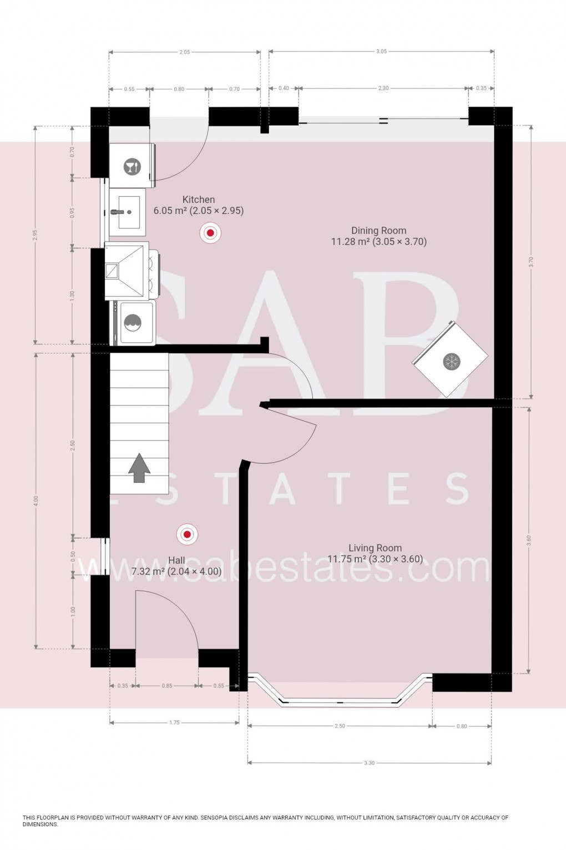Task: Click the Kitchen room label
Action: coord(199,200)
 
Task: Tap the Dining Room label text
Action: coord(378,231)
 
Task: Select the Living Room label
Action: coord(375,548)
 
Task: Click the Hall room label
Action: coord(176,561)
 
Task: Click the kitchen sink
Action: coord(127,212)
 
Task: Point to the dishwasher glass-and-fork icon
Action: coord(132,166)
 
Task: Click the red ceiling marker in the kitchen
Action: coord(210,233)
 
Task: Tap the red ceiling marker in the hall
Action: coord(187,534)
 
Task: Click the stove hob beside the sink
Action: coord(128,271)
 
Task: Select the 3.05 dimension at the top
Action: coord(381,52)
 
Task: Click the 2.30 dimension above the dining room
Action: coord(383,88)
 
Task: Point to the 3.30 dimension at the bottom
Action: coord(369,763)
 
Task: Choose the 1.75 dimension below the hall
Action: coord(174,723)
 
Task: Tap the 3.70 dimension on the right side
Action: coord(531,262)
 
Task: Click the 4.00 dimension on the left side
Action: coord(36,501)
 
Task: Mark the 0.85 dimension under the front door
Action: coord(167,686)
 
